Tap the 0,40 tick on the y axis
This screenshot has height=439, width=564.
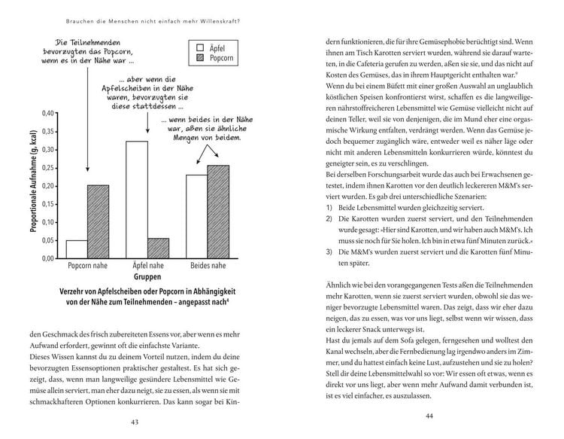[x=47, y=113]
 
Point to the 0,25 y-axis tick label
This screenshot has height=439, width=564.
[x=47, y=167]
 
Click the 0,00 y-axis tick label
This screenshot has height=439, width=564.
[x=47, y=258]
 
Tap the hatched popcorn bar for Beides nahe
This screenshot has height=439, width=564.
[x=218, y=212]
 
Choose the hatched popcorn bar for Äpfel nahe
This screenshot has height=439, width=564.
[x=158, y=248]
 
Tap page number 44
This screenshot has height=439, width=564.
[x=430, y=416]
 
